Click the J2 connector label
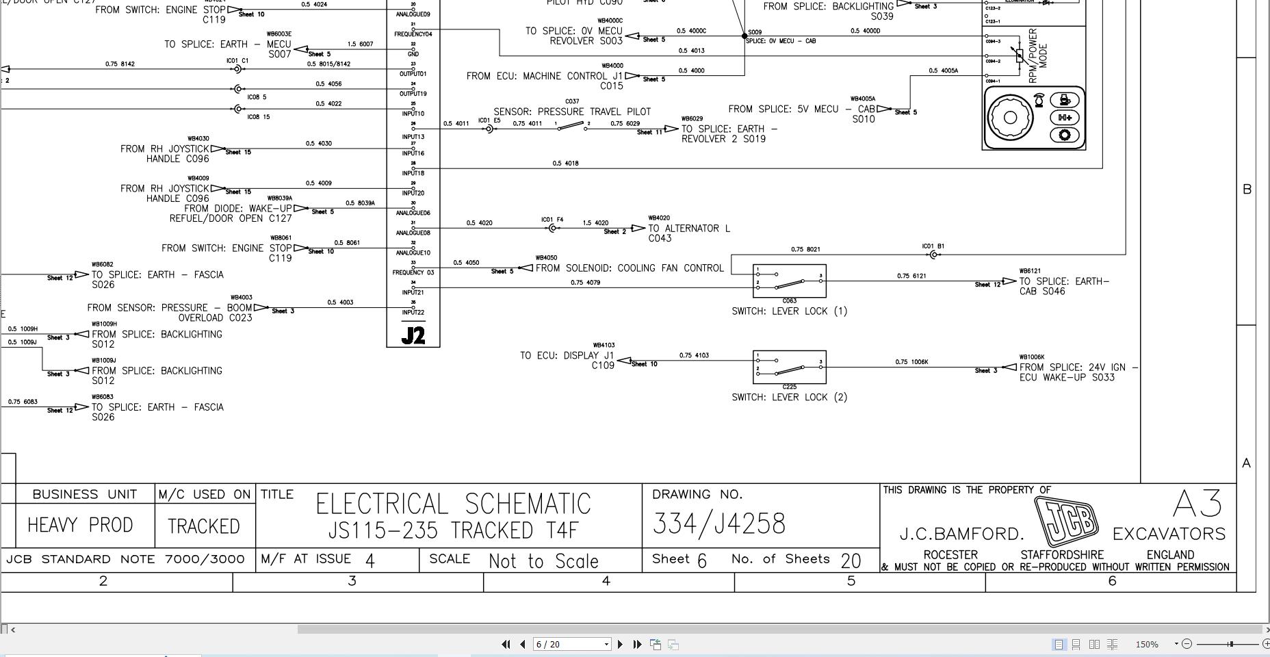pyautogui.click(x=413, y=335)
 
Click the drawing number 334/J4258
pyautogui.click(x=718, y=524)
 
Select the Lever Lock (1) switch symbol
pyautogui.click(x=789, y=281)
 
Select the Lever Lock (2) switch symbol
pyautogui.click(x=789, y=367)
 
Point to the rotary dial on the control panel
pyautogui.click(x=1009, y=117)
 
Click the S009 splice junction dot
pyautogui.click(x=744, y=36)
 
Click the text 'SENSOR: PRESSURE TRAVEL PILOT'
pyautogui.click(x=572, y=112)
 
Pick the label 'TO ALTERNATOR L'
pyautogui.click(x=689, y=229)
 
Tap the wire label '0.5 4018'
pyautogui.click(x=565, y=164)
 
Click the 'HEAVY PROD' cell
pyautogui.click(x=80, y=525)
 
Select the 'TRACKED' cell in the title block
pyautogui.click(x=204, y=526)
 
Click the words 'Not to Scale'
pyautogui.click(x=543, y=561)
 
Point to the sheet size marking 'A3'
pyautogui.click(x=1197, y=504)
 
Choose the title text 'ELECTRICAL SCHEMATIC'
pyautogui.click(x=453, y=504)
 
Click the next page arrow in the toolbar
pyautogui.click(x=620, y=644)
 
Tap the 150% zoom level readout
pyautogui.click(x=1147, y=644)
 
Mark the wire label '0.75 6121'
pyautogui.click(x=911, y=276)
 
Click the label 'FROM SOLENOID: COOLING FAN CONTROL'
pyautogui.click(x=630, y=268)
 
